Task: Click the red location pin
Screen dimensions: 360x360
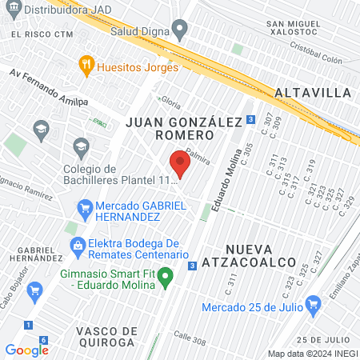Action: (x=180, y=166)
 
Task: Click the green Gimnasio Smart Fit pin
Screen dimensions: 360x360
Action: (x=166, y=278)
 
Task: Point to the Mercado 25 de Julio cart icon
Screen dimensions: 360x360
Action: (x=313, y=303)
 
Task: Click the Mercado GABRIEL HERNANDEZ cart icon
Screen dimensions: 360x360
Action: (x=85, y=210)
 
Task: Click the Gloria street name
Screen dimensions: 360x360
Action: (x=170, y=103)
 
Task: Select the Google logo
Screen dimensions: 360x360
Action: (x=26, y=350)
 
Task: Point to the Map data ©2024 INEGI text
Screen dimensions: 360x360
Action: (x=311, y=353)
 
